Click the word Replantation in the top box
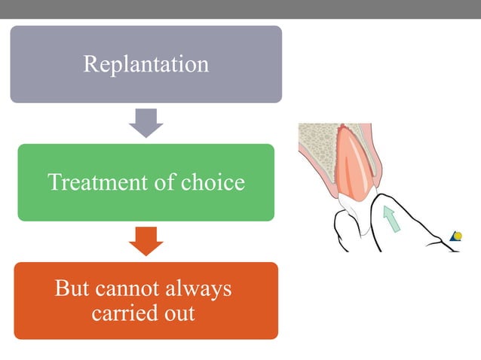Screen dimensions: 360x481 pos(146,64)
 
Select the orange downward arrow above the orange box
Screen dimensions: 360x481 pos(146,241)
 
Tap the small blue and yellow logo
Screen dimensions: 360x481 pos(455,236)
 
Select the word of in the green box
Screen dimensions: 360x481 pos(170,182)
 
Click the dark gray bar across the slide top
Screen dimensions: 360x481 pos(240,9)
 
